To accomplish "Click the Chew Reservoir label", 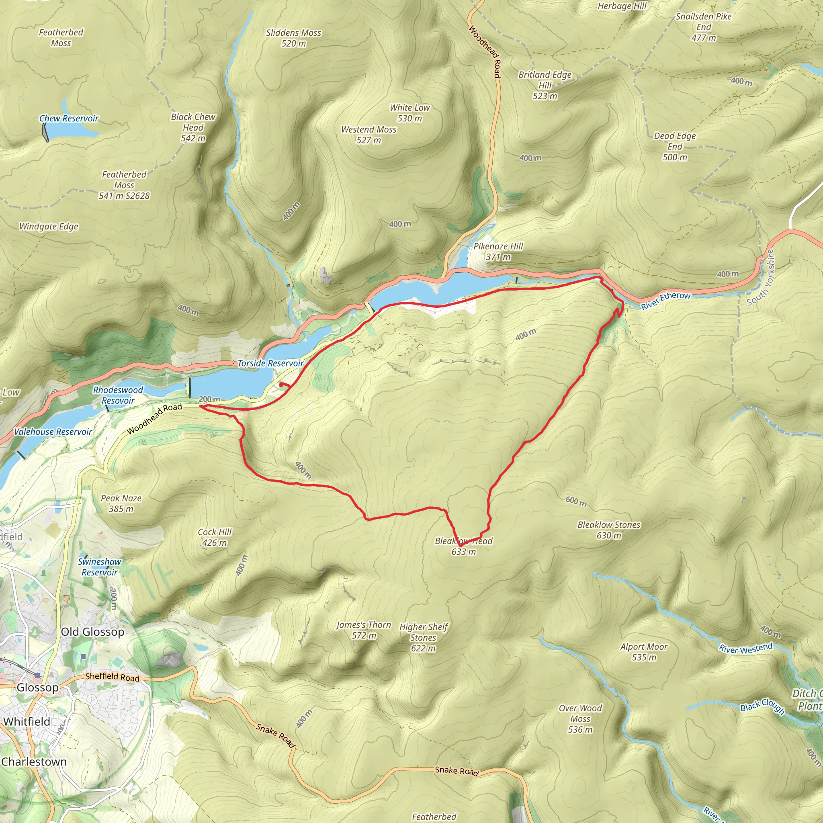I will tap(69, 119).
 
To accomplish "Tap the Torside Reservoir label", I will tap(270, 363).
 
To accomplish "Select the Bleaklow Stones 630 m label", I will tap(609, 530).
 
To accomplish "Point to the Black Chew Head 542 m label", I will tap(193, 127).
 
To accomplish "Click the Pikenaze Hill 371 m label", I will tap(498, 251).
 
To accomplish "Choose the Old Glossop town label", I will tap(92, 632).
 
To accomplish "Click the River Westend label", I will tap(745, 648).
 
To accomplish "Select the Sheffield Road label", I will tap(112, 676).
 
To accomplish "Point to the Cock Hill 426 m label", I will tap(214, 537).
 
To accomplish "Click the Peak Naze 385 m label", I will tap(121, 503).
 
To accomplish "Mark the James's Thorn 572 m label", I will tap(363, 630).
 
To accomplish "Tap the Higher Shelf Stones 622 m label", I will tap(424, 638).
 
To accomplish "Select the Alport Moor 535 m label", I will tap(644, 652).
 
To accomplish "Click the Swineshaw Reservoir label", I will tap(100, 567).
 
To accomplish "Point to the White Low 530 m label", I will tap(410, 113).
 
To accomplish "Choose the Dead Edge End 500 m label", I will tap(675, 147).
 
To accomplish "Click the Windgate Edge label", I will tap(49, 226).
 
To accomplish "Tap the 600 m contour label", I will tap(576, 502).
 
